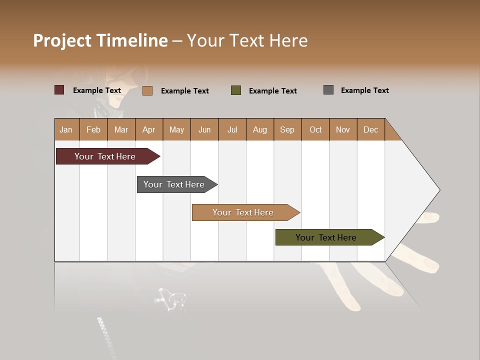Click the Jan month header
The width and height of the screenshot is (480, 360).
coord(66,129)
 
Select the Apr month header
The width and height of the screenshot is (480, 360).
coord(148,129)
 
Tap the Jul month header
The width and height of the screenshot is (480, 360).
coord(232,129)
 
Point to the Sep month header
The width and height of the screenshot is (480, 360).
coord(287,129)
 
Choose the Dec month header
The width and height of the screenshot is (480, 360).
coord(370,129)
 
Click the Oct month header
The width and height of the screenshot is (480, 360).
coord(315,129)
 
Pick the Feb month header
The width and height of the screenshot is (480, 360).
coord(93,129)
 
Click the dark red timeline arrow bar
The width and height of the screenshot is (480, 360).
coord(105,156)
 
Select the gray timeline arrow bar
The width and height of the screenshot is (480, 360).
coord(174,184)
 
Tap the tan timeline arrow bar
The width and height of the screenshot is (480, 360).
coord(243,212)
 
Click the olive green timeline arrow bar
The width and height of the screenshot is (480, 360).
coord(326,237)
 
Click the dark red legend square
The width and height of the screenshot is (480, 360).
coord(59,90)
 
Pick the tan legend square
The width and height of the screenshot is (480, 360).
coord(147,90)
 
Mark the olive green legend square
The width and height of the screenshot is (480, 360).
coord(236,90)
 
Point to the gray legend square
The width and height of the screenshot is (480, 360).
coord(328,90)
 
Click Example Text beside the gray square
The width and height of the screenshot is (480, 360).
coord(364,90)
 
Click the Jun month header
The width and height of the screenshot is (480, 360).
coord(204,129)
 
